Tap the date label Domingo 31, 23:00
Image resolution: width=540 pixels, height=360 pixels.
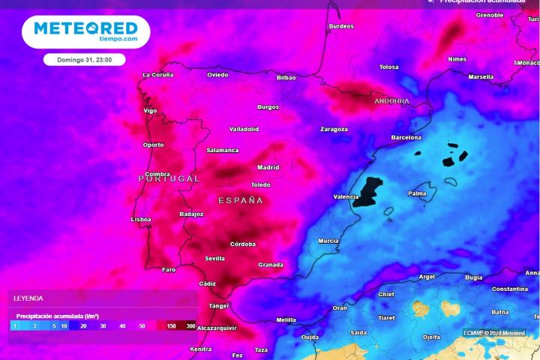[x=85, y=59]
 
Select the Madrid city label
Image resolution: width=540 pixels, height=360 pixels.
[x=268, y=167]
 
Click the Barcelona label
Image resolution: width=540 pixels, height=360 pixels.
[x=406, y=137]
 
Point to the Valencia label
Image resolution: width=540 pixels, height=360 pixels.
[x=346, y=197]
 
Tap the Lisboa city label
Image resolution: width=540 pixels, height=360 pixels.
[x=141, y=220]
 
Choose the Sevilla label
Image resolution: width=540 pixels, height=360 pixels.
[x=214, y=259]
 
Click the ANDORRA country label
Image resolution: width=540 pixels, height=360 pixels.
[x=391, y=100]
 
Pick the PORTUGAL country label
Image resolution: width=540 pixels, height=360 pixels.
[x=169, y=178]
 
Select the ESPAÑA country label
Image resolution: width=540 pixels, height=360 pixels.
[x=241, y=200]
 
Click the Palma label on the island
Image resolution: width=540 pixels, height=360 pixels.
[x=417, y=193]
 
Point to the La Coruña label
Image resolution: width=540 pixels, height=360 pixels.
[x=158, y=75]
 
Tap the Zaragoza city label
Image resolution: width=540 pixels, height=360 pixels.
[x=334, y=129]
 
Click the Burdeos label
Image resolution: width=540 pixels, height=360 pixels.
[x=341, y=26]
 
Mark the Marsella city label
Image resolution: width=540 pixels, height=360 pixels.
[x=481, y=76]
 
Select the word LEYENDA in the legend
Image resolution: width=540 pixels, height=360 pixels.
[x=28, y=298]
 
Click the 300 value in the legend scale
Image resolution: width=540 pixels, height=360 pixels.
[x=191, y=325]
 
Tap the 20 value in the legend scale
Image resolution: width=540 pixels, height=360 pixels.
[x=83, y=325]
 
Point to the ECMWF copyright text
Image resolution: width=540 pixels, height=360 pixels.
[x=493, y=332]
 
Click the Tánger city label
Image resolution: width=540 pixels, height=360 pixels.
[x=219, y=306]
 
